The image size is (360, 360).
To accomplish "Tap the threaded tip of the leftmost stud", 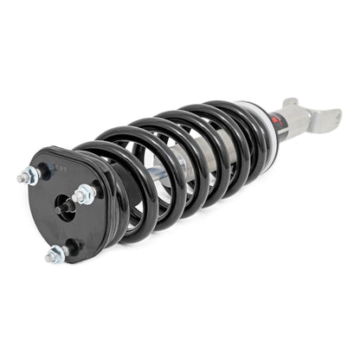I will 19,180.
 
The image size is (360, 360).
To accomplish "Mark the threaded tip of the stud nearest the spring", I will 77,199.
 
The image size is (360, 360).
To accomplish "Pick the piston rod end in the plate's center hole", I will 65,206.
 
